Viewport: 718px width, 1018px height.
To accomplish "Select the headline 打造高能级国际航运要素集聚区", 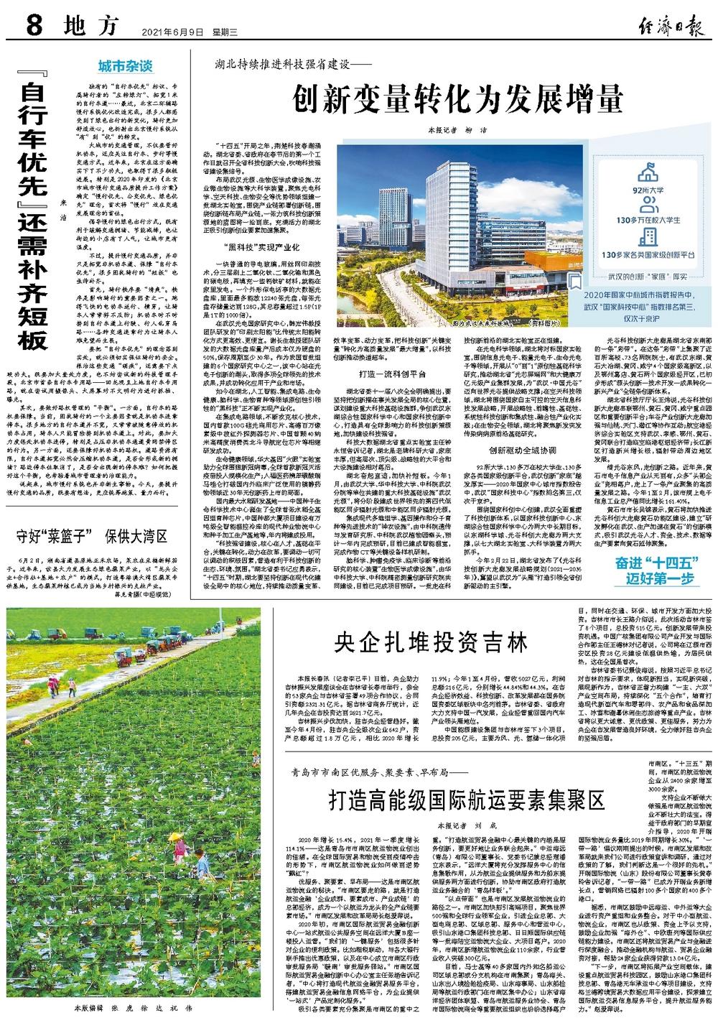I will (x=466, y=798).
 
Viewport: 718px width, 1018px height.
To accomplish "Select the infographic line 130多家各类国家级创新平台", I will (x=649, y=254).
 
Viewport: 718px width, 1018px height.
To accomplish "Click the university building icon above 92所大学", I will (x=649, y=173).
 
